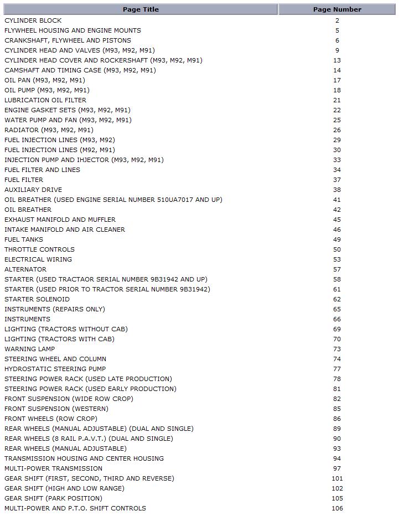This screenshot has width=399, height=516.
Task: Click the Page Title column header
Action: [x=140, y=9]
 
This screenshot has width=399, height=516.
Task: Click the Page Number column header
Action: [x=337, y=9]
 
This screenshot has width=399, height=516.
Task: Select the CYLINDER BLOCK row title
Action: [x=33, y=20]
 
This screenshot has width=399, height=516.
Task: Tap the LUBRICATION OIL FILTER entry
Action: [x=45, y=100]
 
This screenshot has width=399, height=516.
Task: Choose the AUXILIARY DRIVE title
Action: [x=33, y=190]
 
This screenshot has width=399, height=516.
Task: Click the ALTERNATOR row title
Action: [x=25, y=269]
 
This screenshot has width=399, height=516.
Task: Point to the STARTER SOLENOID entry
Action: [x=37, y=299]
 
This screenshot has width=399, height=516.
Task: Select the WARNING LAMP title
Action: [x=30, y=349]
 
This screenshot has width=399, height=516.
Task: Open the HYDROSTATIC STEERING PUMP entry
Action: [x=55, y=369]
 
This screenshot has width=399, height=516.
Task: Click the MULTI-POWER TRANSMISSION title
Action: [x=53, y=468]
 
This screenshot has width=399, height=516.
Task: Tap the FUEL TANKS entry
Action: [x=24, y=239]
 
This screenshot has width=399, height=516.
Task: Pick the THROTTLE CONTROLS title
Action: [x=39, y=249]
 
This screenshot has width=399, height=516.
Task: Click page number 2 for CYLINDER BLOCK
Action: [x=337, y=20]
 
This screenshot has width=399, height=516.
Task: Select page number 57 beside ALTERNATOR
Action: [x=337, y=269]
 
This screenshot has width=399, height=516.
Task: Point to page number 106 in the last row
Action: [x=337, y=508]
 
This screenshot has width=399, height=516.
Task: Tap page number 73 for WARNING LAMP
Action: [x=337, y=349]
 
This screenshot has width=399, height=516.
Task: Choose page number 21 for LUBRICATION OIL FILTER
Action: [x=337, y=100]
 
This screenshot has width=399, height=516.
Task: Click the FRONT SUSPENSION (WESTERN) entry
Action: [x=56, y=409]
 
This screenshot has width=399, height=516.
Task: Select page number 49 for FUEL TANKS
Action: [x=337, y=239]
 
